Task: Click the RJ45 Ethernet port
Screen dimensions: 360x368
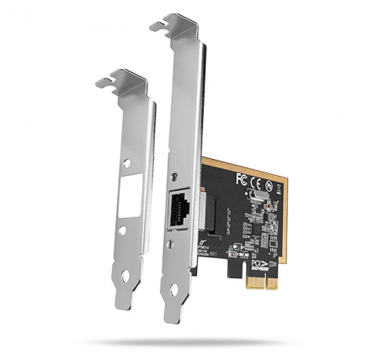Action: [181, 206]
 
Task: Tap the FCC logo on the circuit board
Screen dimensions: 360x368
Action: [241, 179]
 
